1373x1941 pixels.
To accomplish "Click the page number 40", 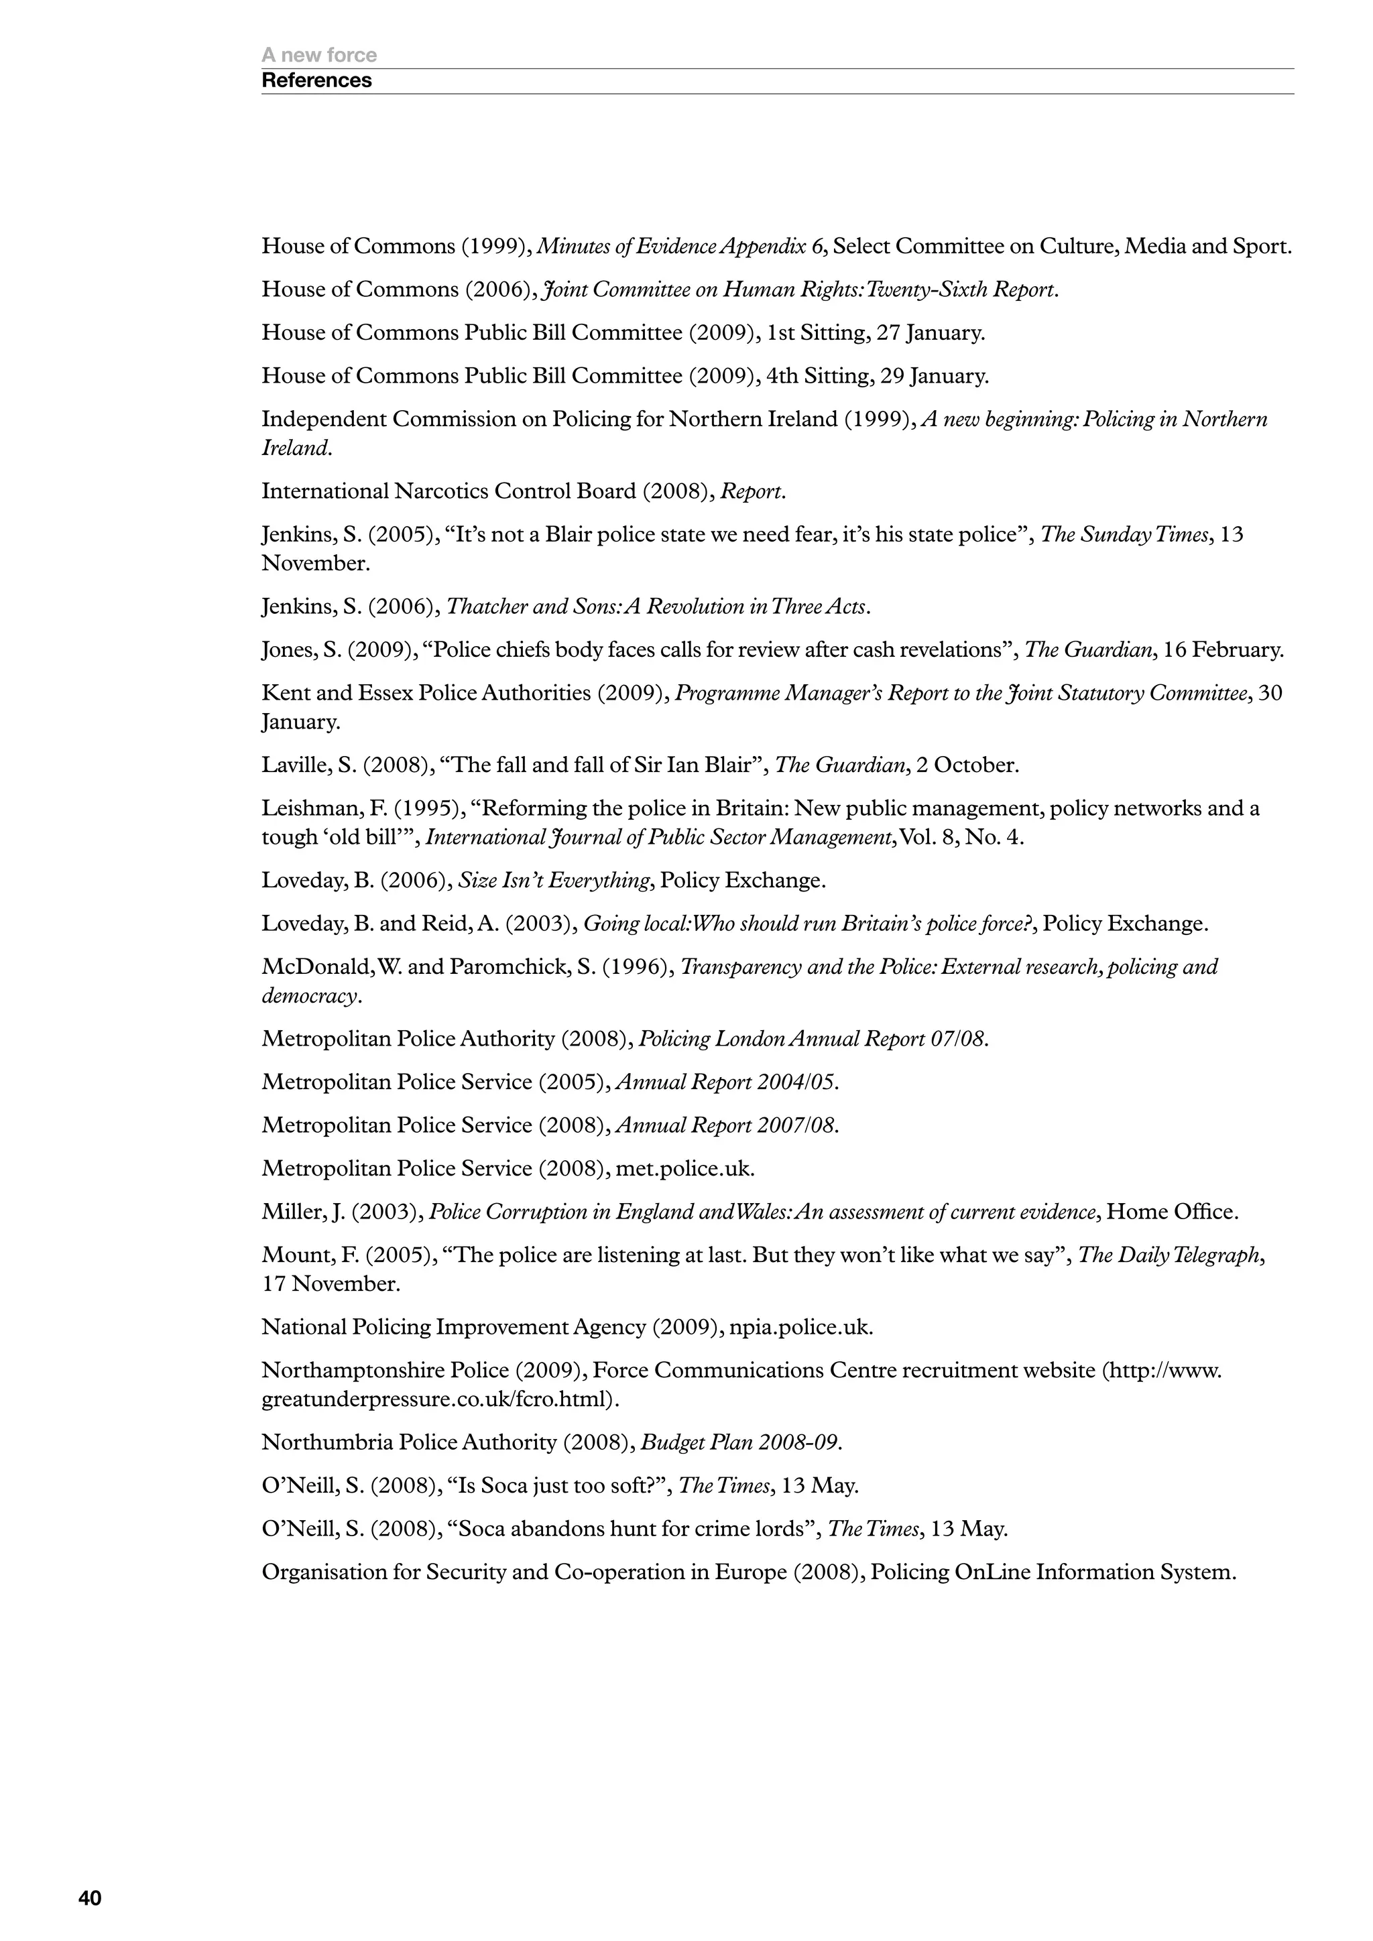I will coord(90,1898).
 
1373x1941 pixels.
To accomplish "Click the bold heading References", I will coord(316,80).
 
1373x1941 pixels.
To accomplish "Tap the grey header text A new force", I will coord(318,55).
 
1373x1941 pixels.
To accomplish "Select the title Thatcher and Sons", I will coord(657,607).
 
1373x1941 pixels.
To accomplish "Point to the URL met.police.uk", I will coord(684,1168).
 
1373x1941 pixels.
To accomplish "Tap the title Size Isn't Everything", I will coord(554,880).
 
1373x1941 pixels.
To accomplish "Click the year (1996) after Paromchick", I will coord(638,966).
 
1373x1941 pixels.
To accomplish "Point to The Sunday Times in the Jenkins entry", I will coord(1124,534).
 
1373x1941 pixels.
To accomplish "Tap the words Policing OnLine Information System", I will coord(1053,1572).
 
